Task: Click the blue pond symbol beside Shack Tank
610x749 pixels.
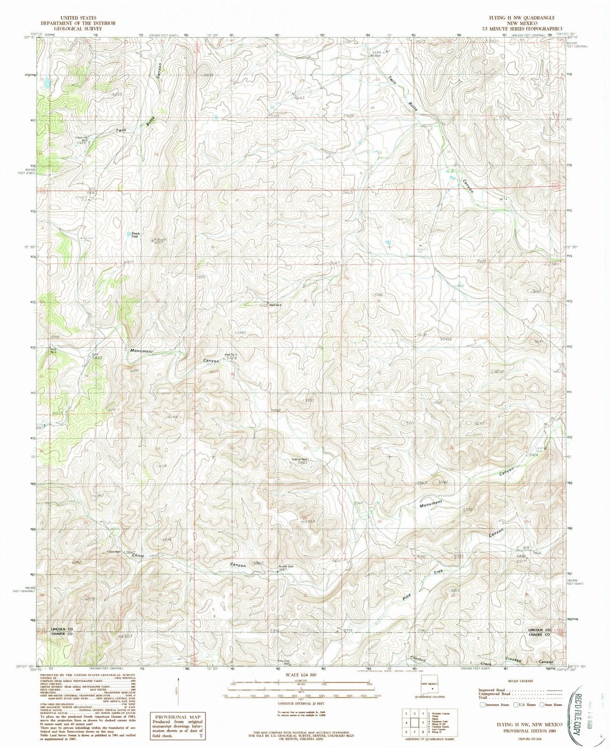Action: pos(128,233)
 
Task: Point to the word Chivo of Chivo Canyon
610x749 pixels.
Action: pos(137,556)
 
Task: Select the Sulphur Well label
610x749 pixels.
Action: pos(300,460)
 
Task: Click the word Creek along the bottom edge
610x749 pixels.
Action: pos(488,664)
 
